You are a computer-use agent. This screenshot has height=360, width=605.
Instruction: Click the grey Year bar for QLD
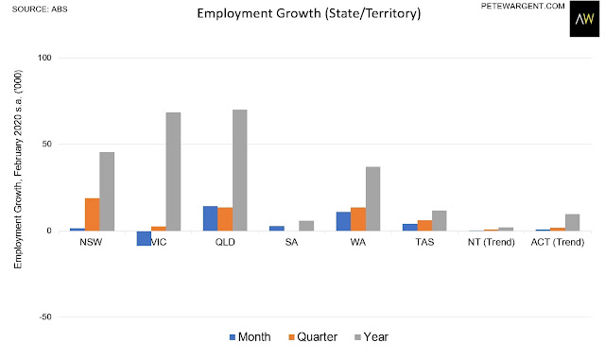pyautogui.click(x=239, y=170)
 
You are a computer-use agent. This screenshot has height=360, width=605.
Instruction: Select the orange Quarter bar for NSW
pyautogui.click(x=93, y=214)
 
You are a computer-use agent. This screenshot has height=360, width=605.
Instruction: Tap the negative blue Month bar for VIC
pyautogui.click(x=144, y=238)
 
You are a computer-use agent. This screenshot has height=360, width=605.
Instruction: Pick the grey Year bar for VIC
pyautogui.click(x=173, y=172)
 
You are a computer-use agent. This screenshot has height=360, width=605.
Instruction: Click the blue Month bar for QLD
pyautogui.click(x=210, y=218)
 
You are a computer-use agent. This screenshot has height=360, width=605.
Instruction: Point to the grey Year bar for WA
pyautogui.click(x=372, y=198)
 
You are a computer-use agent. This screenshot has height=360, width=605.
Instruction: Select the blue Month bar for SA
pyautogui.click(x=277, y=229)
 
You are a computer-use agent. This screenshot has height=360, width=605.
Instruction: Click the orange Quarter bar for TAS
pyautogui.click(x=424, y=225)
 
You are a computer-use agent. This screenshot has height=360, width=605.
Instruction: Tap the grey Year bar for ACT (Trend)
pyautogui.click(x=572, y=222)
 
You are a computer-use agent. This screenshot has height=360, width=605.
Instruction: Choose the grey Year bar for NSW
pyautogui.click(x=107, y=192)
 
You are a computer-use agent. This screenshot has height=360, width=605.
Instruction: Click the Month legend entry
pyautogui.click(x=250, y=336)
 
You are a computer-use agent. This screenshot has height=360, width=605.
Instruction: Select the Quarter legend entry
pyautogui.click(x=313, y=336)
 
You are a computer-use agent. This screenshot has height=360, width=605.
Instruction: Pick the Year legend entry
pyautogui.click(x=372, y=336)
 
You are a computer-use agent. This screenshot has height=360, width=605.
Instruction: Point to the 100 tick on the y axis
pyautogui.click(x=44, y=58)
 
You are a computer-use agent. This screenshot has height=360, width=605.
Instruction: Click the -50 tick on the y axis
pyautogui.click(x=44, y=317)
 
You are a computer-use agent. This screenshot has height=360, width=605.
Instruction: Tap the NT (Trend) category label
pyautogui.click(x=492, y=242)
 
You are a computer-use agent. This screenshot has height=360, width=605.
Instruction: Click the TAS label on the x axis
pyautogui.click(x=424, y=242)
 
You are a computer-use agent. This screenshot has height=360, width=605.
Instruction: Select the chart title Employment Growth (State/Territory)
pyautogui.click(x=309, y=13)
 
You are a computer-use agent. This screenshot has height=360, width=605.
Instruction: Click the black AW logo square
pyautogui.click(x=584, y=19)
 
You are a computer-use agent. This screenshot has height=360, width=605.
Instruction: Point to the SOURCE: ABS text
pyautogui.click(x=40, y=9)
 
